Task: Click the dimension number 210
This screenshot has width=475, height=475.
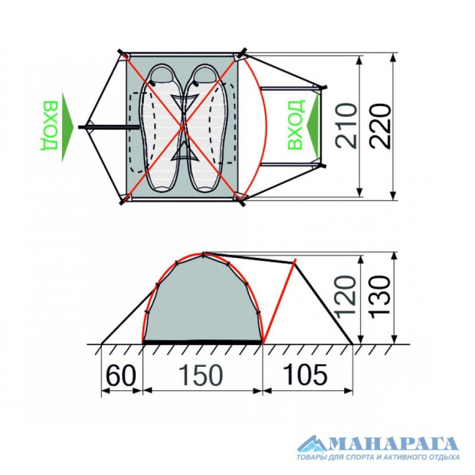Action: (x=347, y=126)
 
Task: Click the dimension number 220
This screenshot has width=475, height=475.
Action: (x=380, y=126)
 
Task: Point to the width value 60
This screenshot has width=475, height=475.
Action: (x=121, y=374)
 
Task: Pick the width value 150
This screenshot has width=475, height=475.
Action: (x=201, y=374)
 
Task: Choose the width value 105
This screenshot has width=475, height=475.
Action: (x=305, y=374)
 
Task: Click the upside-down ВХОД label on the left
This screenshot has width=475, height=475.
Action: (x=49, y=126)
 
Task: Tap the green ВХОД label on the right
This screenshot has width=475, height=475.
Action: (x=295, y=125)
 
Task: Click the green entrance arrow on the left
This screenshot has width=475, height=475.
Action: (x=67, y=127)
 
